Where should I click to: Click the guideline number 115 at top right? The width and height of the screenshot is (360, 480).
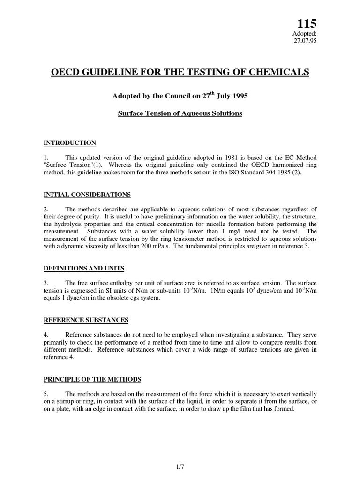pyautogui.click(x=307, y=23)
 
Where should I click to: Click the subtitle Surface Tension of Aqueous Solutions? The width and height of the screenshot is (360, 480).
pyautogui.click(x=180, y=114)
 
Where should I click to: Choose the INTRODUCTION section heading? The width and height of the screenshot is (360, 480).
pyautogui.click(x=70, y=143)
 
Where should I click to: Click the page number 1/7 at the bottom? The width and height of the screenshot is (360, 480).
pyautogui.click(x=180, y=466)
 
